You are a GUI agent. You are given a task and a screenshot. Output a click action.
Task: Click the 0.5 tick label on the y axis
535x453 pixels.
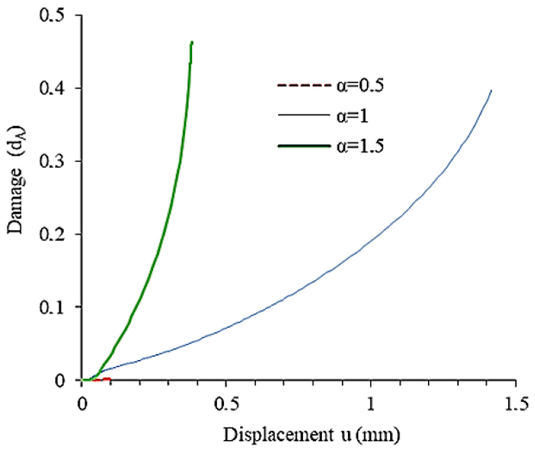tap(52, 15)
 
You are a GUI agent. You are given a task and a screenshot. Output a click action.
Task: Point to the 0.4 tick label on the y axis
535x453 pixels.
tap(52, 89)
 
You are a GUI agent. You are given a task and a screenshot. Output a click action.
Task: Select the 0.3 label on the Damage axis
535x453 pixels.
tap(52, 161)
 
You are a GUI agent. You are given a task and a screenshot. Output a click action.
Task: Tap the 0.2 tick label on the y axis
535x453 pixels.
tap(52, 234)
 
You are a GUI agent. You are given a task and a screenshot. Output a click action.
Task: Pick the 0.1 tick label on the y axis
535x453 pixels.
tap(52, 307)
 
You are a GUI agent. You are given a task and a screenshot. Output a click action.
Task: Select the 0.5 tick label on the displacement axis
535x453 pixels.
tap(226, 404)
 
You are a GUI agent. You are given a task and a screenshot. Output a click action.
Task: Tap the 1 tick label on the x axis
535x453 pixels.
tap(371, 404)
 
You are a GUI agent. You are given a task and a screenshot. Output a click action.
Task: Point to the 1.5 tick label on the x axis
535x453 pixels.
tap(516, 404)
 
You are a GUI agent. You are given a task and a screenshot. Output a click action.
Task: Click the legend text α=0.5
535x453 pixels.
tap(360, 86)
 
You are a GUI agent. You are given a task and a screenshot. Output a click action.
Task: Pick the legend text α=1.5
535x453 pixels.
tap(360, 146)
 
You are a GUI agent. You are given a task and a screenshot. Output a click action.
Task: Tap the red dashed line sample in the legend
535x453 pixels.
tap(304, 86)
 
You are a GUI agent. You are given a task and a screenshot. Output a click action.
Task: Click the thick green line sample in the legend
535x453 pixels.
tap(304, 146)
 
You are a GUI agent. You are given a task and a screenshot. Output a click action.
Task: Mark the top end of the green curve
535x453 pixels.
tap(192, 42)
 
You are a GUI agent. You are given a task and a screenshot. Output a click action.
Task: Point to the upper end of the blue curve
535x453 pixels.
tap(491, 91)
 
